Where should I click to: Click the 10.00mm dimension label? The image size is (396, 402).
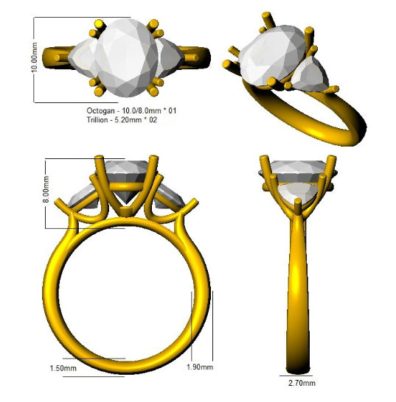coord(34,57)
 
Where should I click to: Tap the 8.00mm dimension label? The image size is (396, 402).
coord(46,189)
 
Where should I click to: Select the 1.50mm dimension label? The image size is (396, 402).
coord(63,368)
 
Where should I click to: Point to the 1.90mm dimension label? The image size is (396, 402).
coord(200,367)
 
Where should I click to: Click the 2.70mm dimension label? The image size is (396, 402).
coord(302,383)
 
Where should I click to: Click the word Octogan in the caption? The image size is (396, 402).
coord(100,111)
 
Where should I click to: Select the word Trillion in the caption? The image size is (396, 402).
coord(97,120)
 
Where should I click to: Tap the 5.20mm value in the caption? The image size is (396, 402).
coord(126,120)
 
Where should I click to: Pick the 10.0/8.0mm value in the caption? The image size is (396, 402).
coord(142,110)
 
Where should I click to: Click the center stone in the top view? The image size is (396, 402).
coord(126,57)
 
